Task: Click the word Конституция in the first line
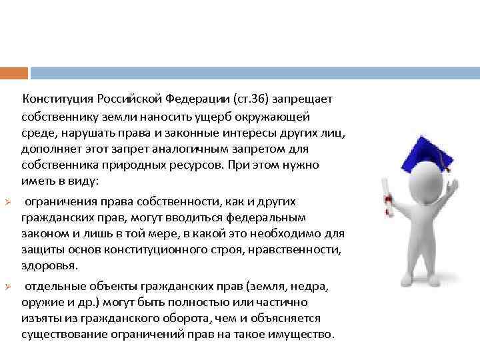(x=58, y=99)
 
